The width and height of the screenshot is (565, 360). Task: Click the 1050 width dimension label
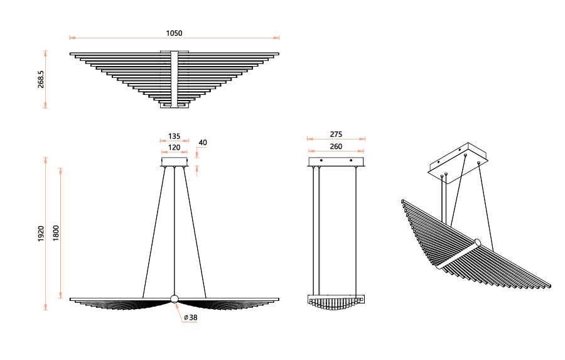click(x=174, y=33)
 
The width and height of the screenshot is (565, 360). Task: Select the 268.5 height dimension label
click(x=41, y=79)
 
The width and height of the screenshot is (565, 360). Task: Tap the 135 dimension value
click(x=174, y=136)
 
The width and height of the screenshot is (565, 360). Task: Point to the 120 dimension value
click(x=174, y=147)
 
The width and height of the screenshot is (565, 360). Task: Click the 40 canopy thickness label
click(x=203, y=143)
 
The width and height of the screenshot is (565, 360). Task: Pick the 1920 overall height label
click(x=41, y=233)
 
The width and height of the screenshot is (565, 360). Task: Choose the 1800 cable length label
click(x=56, y=233)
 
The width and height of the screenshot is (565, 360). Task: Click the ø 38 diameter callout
click(x=191, y=317)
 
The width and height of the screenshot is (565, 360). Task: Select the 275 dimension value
click(x=336, y=134)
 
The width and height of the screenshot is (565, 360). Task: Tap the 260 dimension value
click(x=336, y=146)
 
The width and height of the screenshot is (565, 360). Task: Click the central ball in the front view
click(x=175, y=298)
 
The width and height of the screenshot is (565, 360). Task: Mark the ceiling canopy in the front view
click(x=175, y=161)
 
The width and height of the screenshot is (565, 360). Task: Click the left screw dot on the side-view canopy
click(x=321, y=160)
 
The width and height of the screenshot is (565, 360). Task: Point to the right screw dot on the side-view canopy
click(x=351, y=160)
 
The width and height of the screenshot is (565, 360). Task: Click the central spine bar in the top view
click(x=175, y=79)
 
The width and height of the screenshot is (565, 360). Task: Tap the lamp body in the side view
click(x=336, y=302)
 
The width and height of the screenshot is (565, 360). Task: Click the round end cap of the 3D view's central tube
click(x=478, y=242)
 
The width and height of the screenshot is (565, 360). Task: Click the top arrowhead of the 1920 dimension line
click(x=45, y=160)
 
